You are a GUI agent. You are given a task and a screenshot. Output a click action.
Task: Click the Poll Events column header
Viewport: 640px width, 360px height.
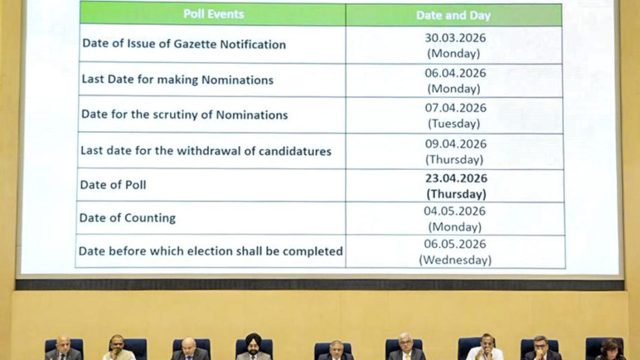coord(213,14)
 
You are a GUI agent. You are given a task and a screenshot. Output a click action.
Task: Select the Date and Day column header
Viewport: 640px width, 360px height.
coord(453,16)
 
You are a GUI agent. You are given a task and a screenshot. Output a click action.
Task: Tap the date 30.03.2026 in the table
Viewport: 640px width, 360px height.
coord(455,38)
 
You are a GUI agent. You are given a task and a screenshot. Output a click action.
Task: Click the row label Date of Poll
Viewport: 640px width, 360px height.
coord(113,185)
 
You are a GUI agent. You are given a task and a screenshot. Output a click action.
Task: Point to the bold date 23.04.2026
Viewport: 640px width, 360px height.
coord(456,179)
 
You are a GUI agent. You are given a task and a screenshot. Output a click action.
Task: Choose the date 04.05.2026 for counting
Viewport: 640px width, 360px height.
coord(455,211)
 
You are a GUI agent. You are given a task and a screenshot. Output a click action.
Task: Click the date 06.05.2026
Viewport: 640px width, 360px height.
coord(455,244)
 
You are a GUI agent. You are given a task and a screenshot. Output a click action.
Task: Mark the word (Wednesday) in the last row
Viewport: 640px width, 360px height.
coord(455,260)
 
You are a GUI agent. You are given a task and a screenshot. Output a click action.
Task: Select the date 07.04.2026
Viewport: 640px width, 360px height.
coord(455,108)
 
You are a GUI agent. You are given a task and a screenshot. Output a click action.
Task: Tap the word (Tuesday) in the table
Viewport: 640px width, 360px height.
coord(454,124)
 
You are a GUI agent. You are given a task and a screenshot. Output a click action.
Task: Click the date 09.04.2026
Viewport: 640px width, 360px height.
coord(455,144)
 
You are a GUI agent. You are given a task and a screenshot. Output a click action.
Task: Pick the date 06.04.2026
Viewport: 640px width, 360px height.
coord(455,73)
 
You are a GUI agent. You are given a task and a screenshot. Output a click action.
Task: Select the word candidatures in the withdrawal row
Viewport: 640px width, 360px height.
coord(295,151)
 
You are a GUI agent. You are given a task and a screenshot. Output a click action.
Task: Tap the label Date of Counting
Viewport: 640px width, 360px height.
coord(128,218)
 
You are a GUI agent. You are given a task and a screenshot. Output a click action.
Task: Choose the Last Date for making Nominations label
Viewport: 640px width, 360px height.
coord(177,80)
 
